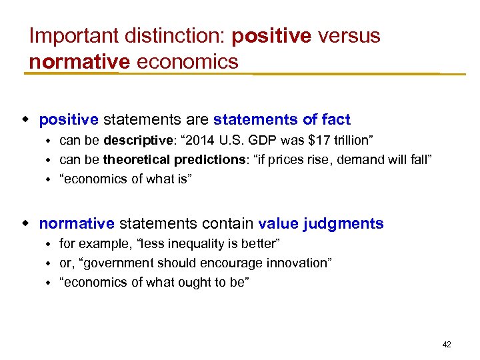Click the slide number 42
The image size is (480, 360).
click(447, 345)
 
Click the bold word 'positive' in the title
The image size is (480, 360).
click(271, 36)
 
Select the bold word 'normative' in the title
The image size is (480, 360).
click(79, 61)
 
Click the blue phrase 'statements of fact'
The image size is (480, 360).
click(281, 120)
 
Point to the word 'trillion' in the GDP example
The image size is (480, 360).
click(348, 141)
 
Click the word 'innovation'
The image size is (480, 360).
click(295, 263)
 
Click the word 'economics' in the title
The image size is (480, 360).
click(187, 61)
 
